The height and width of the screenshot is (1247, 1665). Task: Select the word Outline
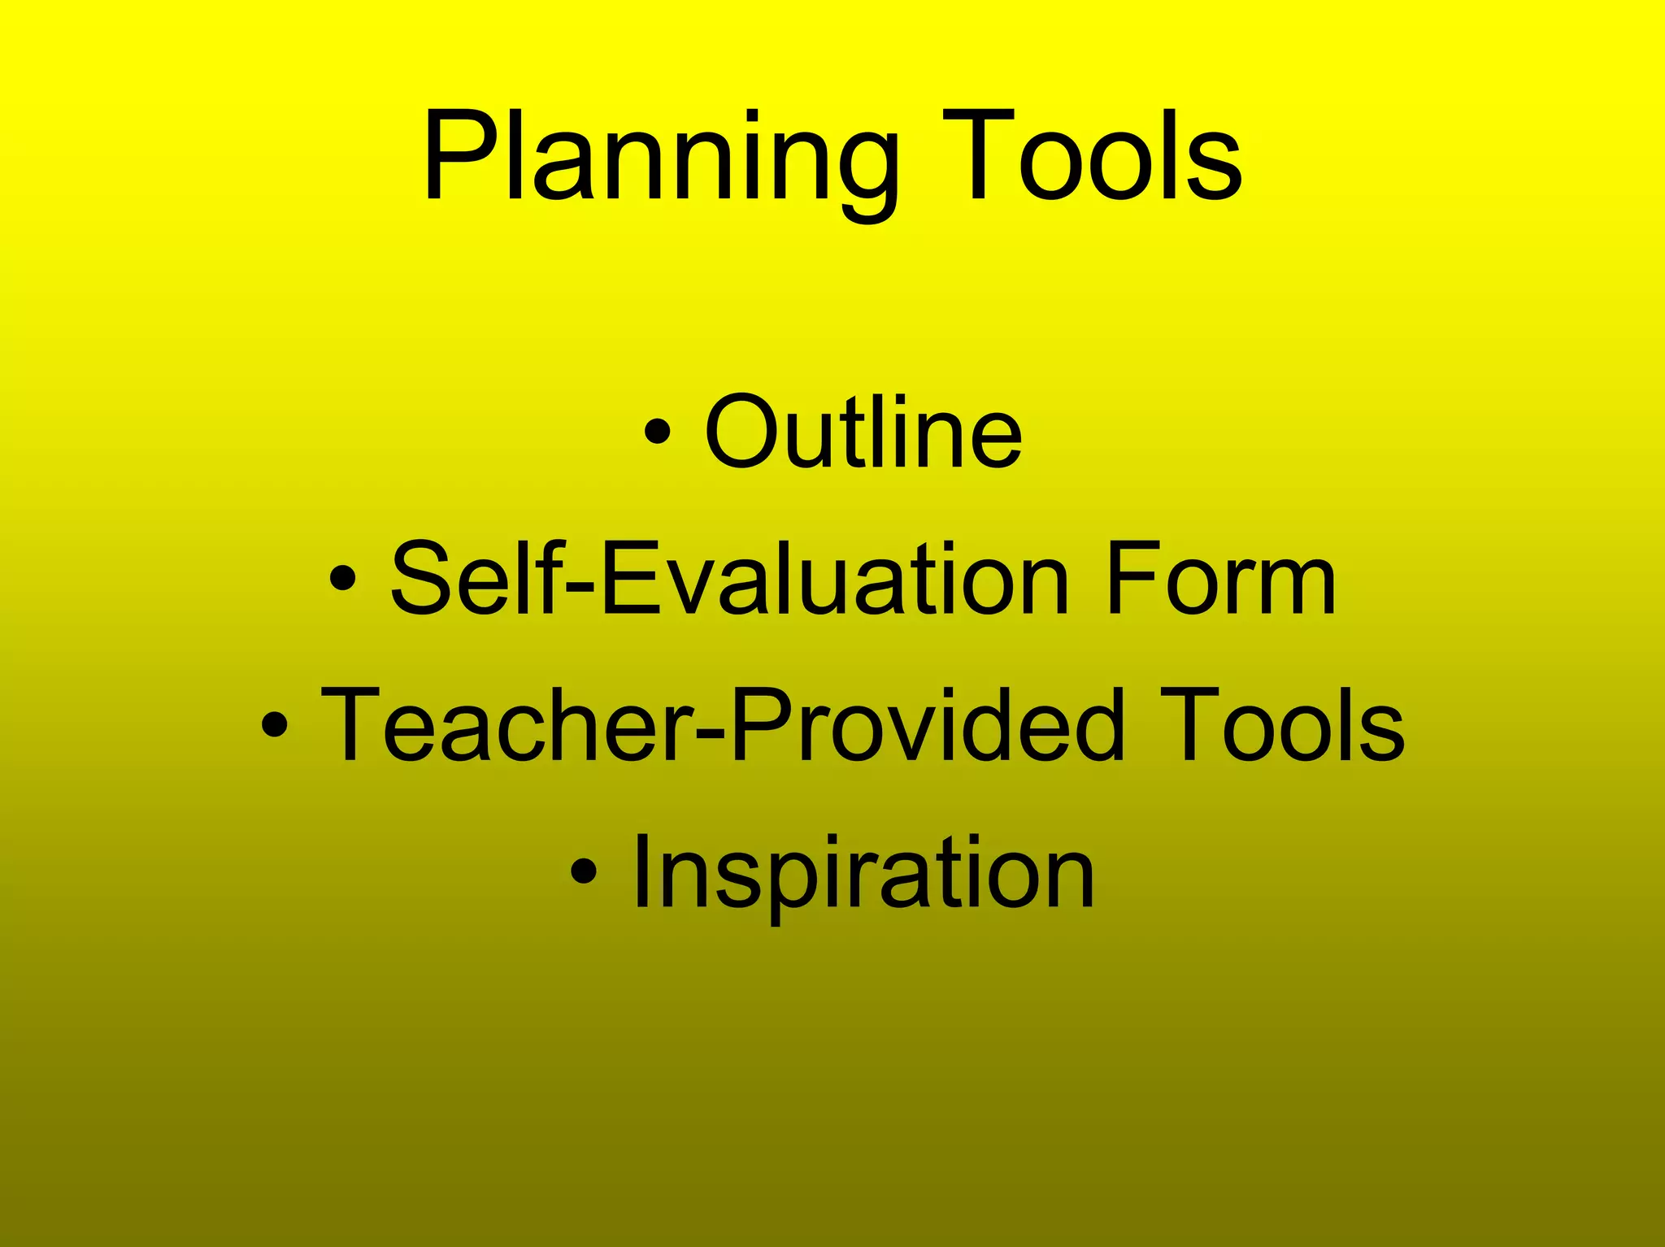coord(863,432)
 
